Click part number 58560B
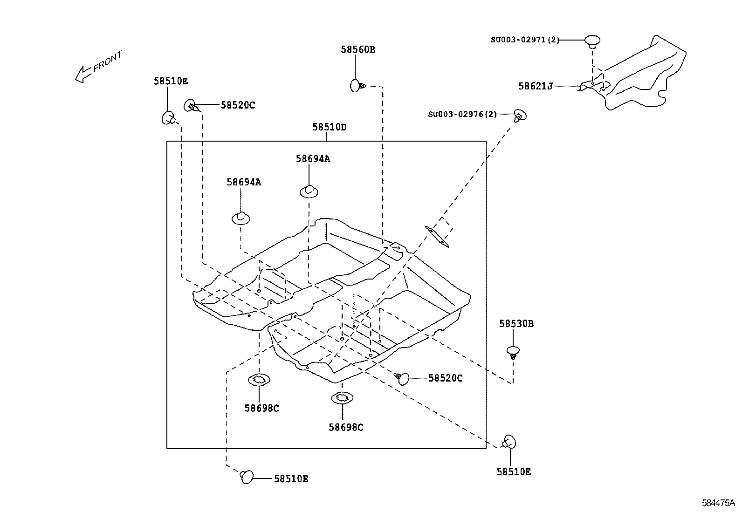(357, 49)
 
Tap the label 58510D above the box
(329, 127)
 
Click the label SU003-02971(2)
(524, 40)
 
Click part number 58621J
(535, 86)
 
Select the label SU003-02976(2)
(462, 114)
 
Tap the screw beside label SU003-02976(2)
(520, 115)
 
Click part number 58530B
(516, 323)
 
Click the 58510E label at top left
(171, 81)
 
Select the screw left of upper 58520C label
(192, 106)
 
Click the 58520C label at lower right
(445, 378)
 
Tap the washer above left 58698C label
(259, 380)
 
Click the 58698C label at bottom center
(346, 427)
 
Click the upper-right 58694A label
(312, 159)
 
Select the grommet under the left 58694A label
(241, 218)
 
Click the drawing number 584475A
(718, 503)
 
